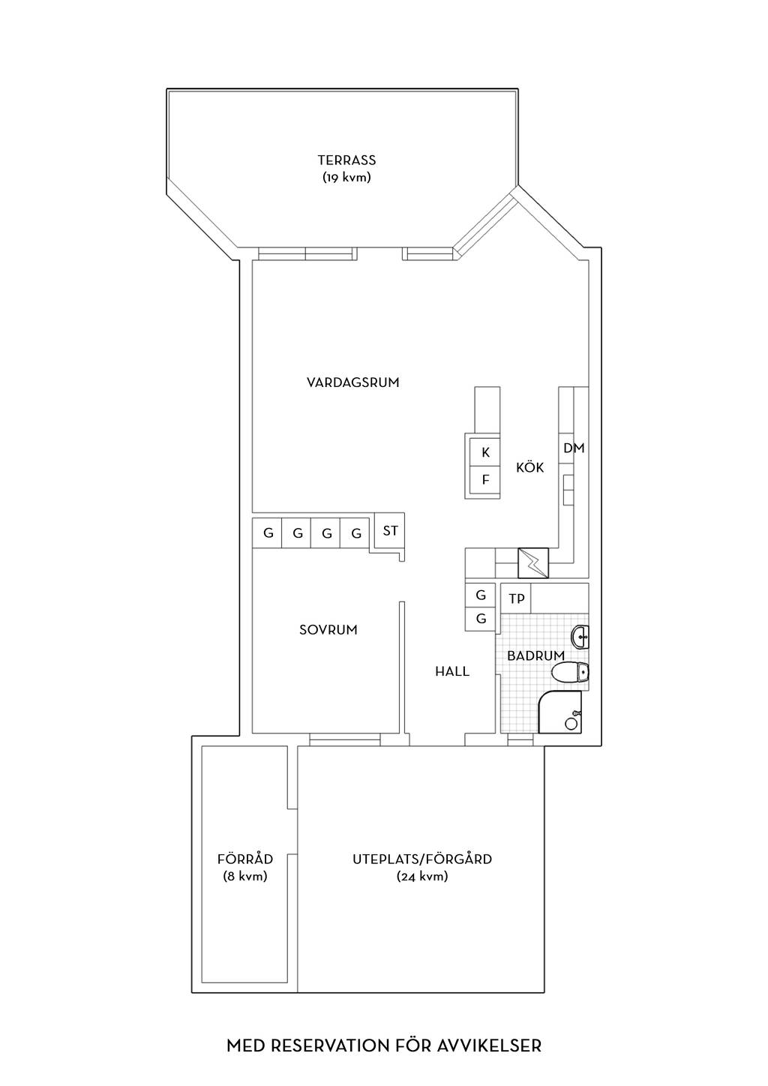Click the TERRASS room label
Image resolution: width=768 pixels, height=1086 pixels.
(346, 160)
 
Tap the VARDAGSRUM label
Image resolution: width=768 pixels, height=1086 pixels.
(353, 382)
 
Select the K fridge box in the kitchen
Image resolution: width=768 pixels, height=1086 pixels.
(484, 451)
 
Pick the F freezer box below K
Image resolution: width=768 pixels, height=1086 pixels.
(484, 479)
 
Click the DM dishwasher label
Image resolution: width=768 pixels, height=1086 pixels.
(574, 448)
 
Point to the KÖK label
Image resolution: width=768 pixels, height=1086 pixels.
(530, 467)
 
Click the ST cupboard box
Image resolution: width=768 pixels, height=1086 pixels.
(390, 531)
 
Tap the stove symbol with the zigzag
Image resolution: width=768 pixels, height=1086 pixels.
(533, 563)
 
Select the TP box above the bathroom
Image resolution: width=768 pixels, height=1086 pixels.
(516, 598)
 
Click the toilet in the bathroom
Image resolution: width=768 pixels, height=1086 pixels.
(570, 673)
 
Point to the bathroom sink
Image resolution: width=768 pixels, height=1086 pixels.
(580, 637)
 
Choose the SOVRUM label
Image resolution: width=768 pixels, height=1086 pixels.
(328, 630)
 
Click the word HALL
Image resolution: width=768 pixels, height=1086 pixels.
(452, 671)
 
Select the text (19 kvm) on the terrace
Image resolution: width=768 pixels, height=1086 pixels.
(346, 178)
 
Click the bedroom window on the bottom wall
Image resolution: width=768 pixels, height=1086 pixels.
(345, 739)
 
